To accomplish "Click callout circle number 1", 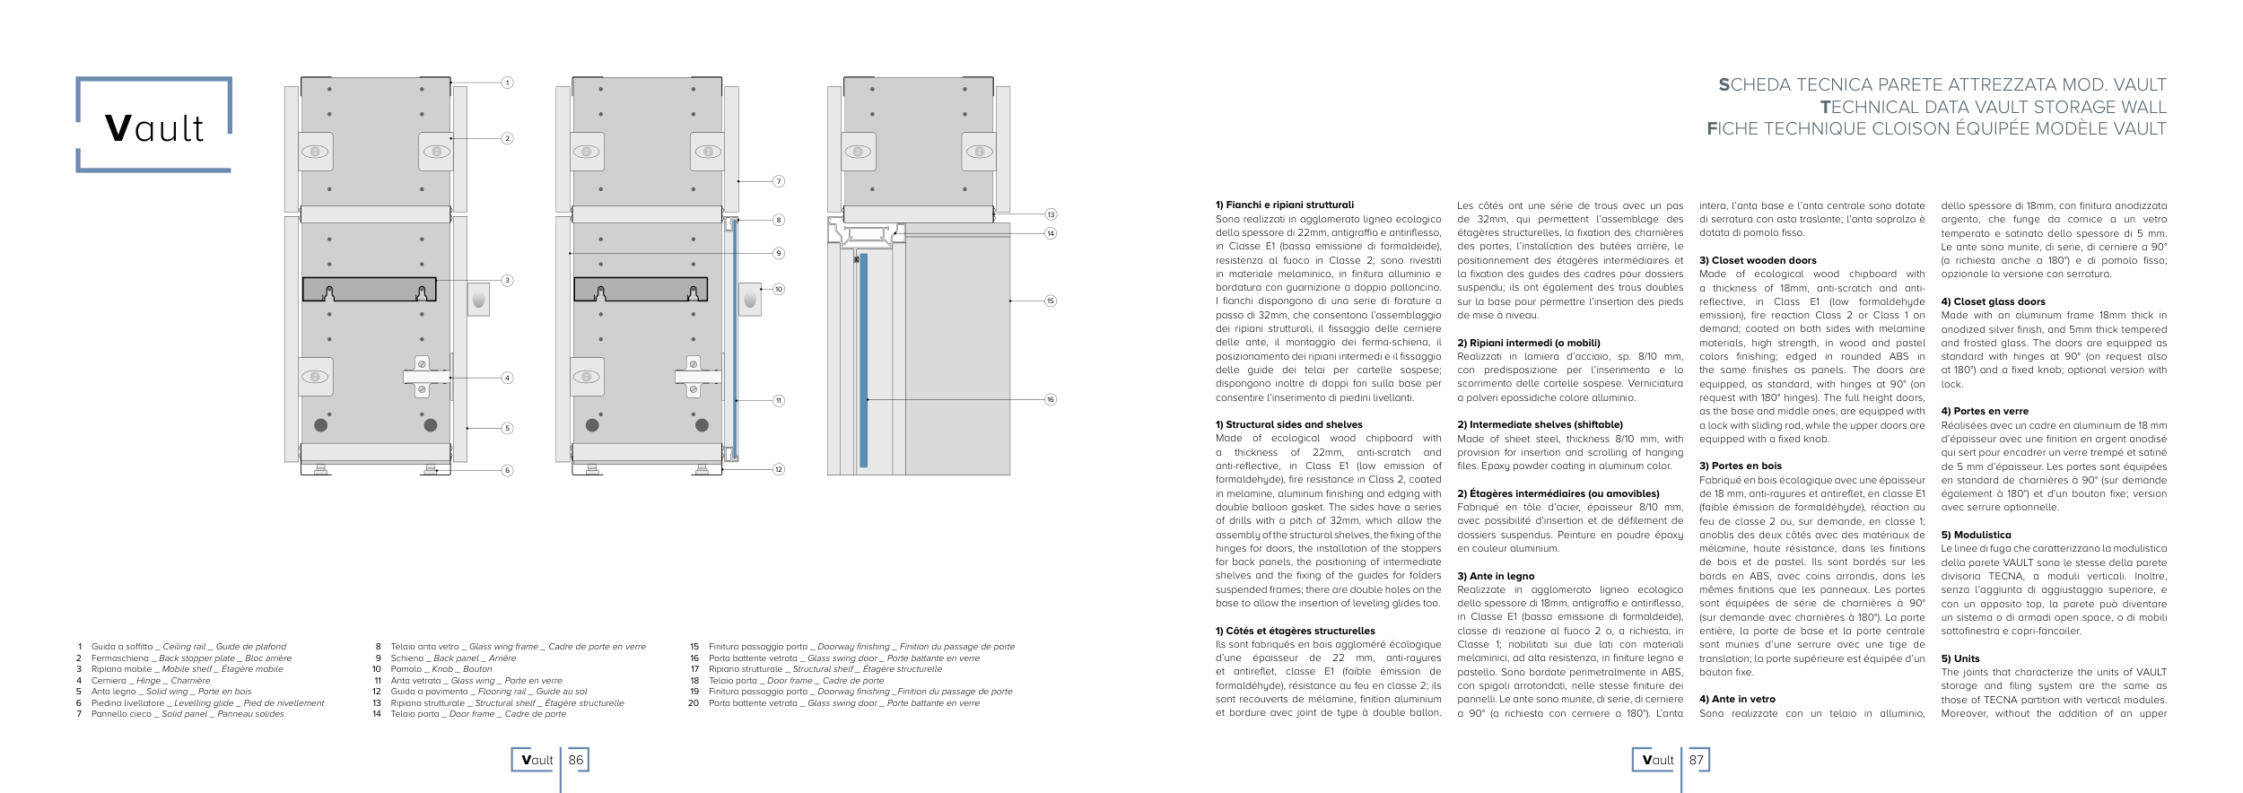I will [x=507, y=83].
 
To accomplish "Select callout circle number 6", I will [x=507, y=470].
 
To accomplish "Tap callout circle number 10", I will [x=779, y=289].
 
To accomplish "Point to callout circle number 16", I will [x=1051, y=399].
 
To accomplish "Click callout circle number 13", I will [x=1051, y=214].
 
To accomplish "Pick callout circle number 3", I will [x=507, y=281].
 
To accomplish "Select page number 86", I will [x=576, y=760].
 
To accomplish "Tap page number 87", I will [x=1697, y=760].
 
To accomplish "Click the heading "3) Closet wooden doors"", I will [x=1757, y=260].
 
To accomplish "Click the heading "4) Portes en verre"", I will [x=1984, y=411].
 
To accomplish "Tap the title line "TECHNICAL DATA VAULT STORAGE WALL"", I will [x=1993, y=107].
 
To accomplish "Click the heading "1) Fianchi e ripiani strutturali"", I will [x=1284, y=205].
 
